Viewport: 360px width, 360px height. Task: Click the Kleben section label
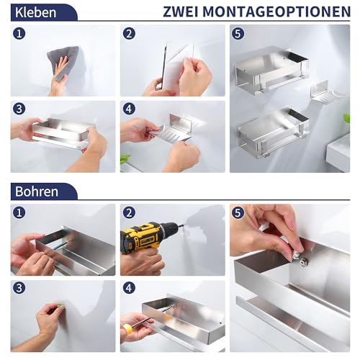(x=35, y=12)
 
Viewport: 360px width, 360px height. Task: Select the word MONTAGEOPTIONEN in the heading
(x=281, y=12)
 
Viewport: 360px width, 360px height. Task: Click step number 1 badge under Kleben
(x=19, y=34)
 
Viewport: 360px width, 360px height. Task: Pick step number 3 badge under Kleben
(x=19, y=109)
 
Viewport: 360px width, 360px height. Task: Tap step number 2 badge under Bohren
(x=130, y=213)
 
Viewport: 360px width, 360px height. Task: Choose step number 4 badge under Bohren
(x=130, y=289)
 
